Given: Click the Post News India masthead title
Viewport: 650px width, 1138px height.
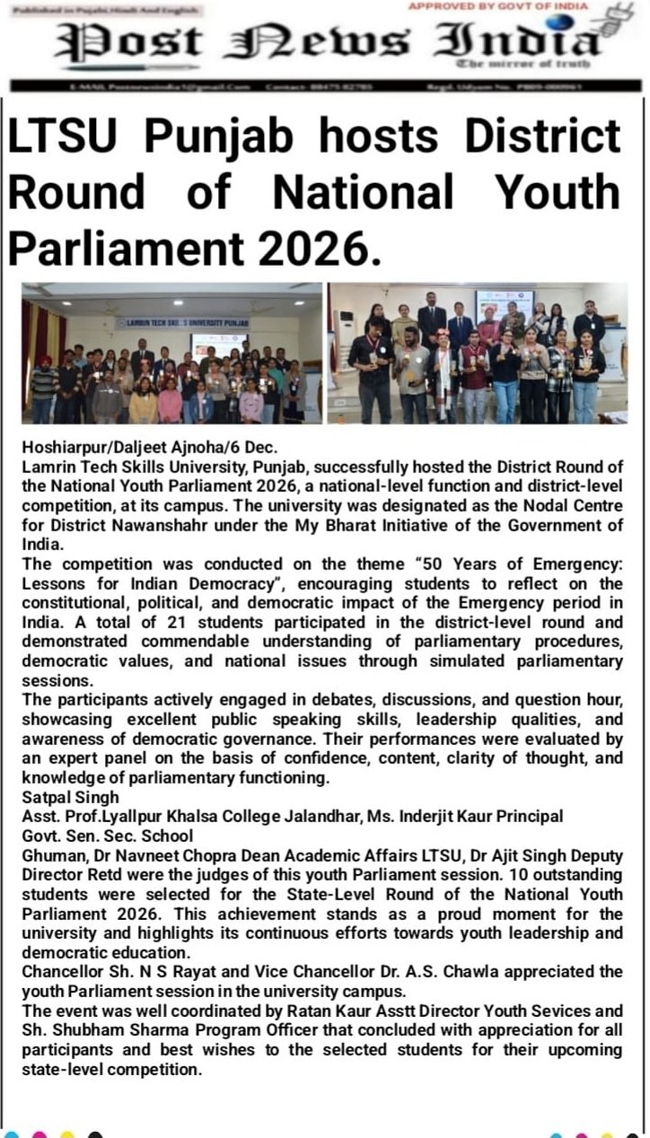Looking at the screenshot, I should [328, 41].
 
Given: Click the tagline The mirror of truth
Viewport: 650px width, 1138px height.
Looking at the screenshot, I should [523, 64].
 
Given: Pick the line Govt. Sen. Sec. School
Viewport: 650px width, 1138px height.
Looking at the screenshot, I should [108, 836].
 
